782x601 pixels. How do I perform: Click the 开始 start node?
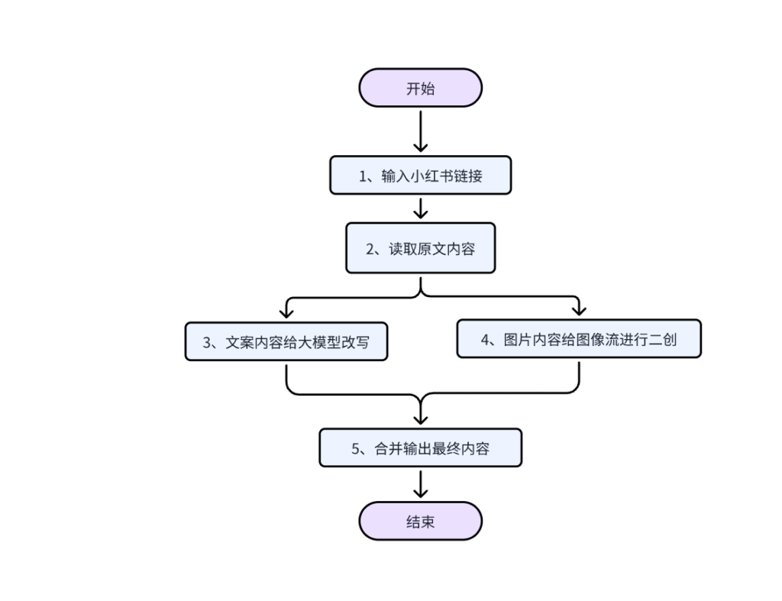point(420,88)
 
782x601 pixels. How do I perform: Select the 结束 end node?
point(420,522)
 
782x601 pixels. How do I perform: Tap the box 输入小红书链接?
point(420,176)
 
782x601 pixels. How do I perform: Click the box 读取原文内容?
point(420,248)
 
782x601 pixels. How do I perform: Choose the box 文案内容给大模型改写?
point(286,342)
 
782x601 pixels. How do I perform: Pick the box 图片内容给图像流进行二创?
point(578,339)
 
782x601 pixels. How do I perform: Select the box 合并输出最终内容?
point(420,448)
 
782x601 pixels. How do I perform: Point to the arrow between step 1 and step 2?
point(420,208)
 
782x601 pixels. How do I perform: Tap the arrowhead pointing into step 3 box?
point(286,312)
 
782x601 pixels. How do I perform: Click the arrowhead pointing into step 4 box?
point(579,309)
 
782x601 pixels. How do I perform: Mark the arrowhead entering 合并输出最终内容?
point(420,418)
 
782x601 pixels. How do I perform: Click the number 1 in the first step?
point(363,176)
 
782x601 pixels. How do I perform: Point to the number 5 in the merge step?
point(355,449)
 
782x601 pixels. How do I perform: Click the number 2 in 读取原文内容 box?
point(370,249)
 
